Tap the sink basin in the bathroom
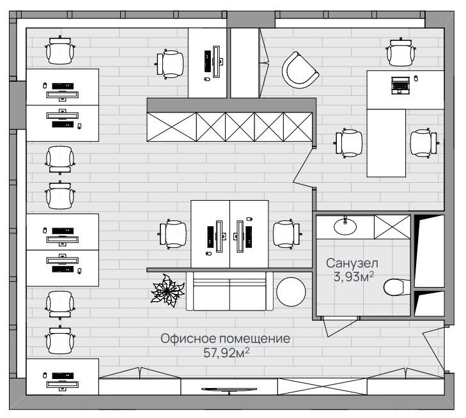(345, 227)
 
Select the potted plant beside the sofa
(167, 291)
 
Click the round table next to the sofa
(291, 291)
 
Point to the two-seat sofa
(229, 291)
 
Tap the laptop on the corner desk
(400, 85)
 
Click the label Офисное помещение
(225, 338)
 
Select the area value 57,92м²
(226, 353)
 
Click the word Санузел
(352, 263)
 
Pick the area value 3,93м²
(353, 277)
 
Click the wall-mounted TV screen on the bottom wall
(229, 390)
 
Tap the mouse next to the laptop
(416, 78)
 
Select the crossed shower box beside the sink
(392, 227)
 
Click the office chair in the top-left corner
(60, 50)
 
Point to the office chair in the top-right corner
(401, 52)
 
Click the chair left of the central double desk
(172, 234)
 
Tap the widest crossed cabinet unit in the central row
(172, 127)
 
